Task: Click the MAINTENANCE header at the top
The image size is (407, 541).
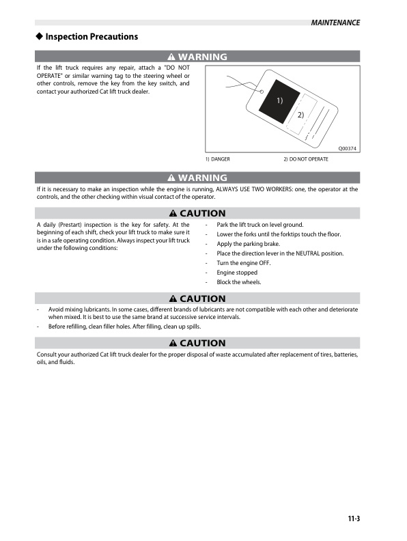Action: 335,23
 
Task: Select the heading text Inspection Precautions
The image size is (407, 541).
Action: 92,37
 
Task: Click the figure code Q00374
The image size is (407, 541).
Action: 348,149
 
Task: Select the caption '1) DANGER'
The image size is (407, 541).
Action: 218,159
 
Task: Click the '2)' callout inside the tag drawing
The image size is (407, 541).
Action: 300,115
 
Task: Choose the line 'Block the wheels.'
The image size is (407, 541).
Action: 239,282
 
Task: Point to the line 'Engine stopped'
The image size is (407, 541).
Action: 237,273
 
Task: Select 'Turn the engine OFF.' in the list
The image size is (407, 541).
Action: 243,263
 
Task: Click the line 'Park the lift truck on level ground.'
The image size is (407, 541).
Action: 260,225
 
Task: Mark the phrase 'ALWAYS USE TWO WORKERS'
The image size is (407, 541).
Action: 254,189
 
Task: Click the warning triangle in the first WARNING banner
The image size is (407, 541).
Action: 173,57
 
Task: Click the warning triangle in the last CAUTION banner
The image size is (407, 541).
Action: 174,343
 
